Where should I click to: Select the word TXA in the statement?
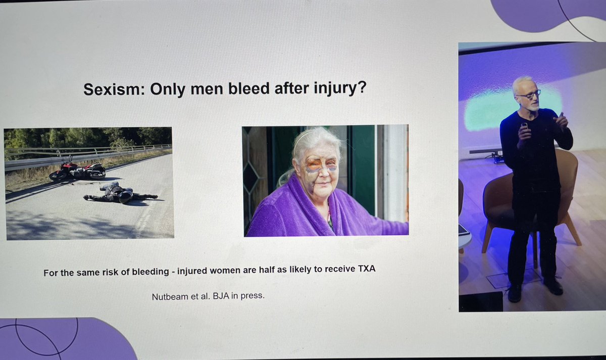click(x=366, y=272)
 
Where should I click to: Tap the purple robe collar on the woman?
click(x=293, y=202)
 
